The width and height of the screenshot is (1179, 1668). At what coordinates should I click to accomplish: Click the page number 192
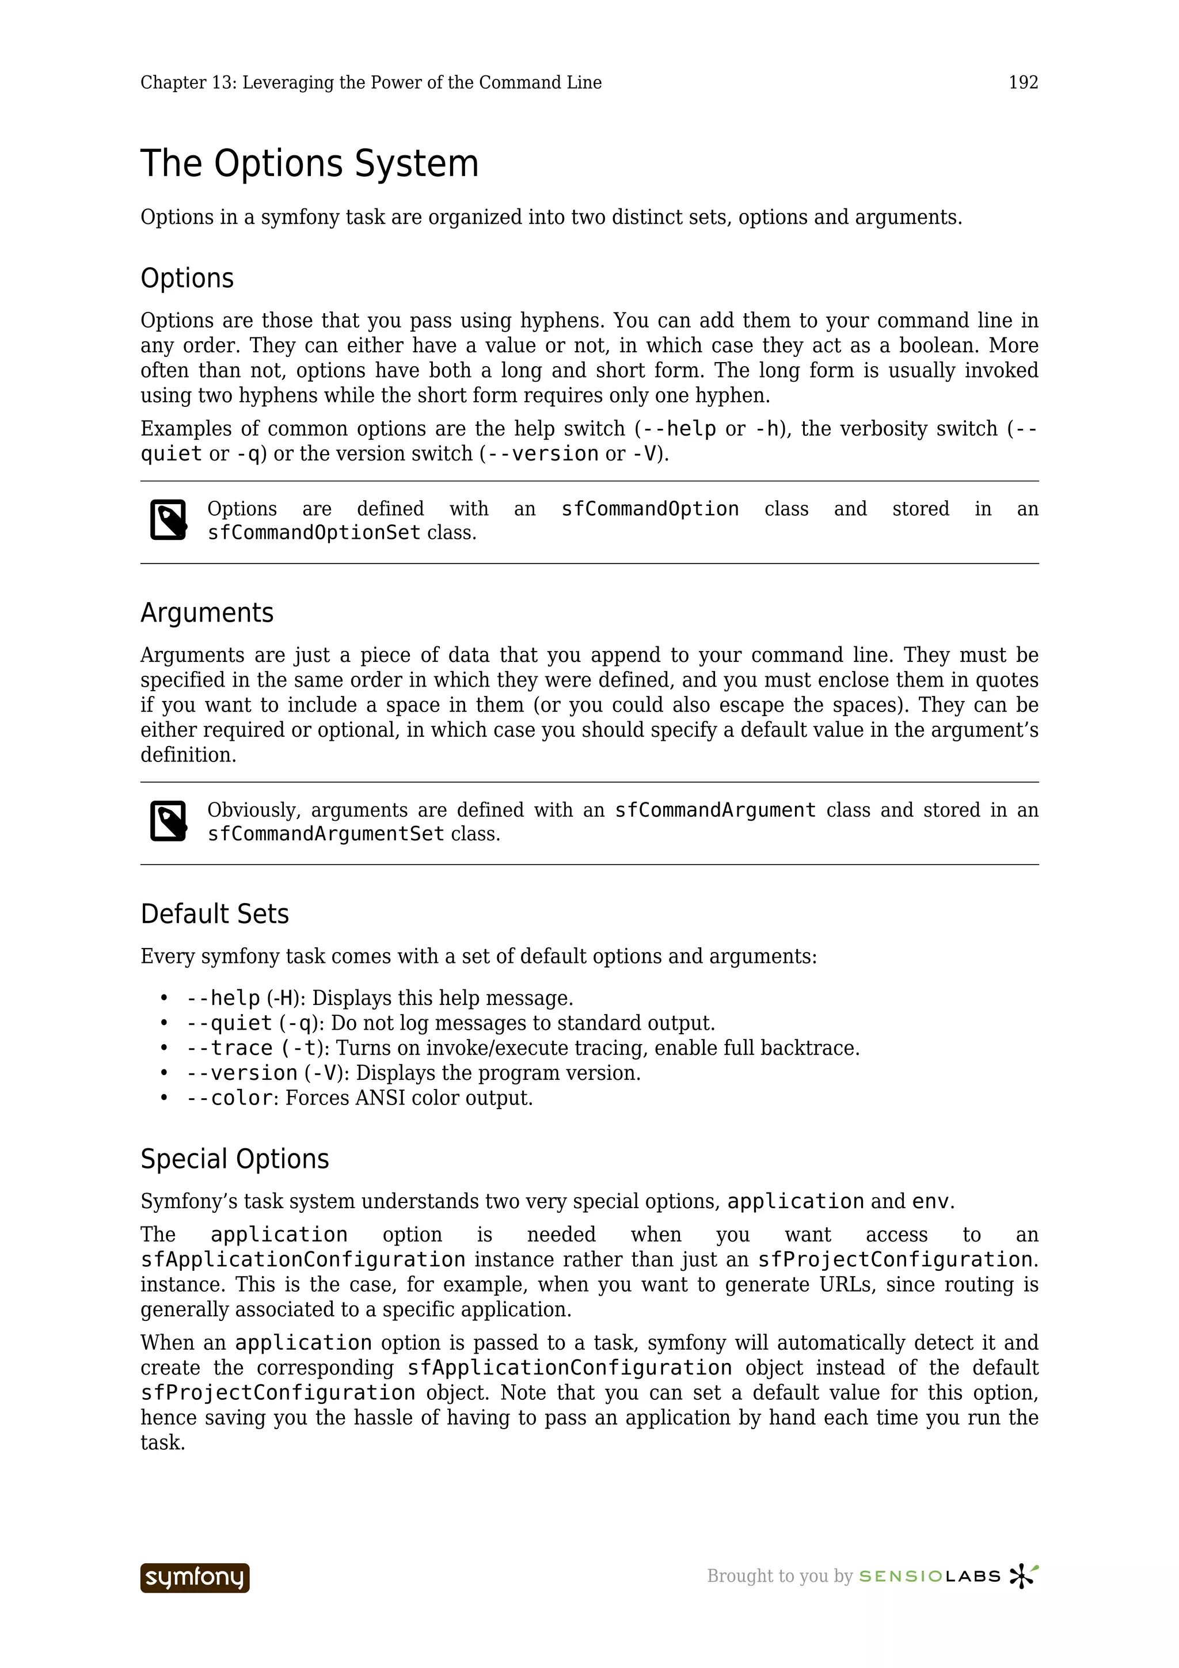point(1023,83)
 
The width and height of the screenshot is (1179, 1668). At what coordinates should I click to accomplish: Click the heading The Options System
point(310,163)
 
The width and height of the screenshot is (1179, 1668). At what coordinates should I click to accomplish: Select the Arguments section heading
point(207,612)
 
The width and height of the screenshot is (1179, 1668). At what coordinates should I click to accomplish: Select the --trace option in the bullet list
point(230,1048)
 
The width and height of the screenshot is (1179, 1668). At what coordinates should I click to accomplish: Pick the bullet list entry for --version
point(242,1072)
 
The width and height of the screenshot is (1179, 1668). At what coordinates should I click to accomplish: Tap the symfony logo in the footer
point(195,1577)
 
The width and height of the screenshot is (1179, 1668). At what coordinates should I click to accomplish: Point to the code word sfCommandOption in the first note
point(649,509)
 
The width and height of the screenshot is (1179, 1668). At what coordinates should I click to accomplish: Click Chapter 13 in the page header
point(185,83)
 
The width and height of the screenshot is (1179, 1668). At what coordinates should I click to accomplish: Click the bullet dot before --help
point(164,998)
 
